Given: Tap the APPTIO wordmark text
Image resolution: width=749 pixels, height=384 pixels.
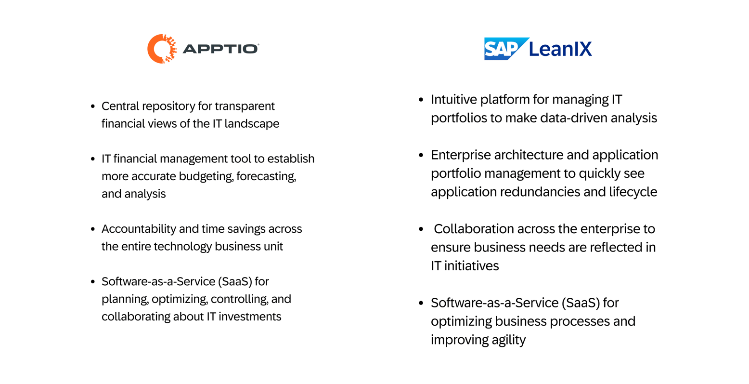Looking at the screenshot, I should click(x=220, y=49).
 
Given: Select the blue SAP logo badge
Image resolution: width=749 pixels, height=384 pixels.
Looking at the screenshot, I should click(x=503, y=49).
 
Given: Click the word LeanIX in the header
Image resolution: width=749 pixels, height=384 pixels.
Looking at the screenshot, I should click(x=560, y=49).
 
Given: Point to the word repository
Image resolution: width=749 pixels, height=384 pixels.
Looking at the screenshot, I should click(x=168, y=106).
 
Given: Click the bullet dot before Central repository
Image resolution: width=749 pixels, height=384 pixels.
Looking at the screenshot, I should click(x=93, y=106).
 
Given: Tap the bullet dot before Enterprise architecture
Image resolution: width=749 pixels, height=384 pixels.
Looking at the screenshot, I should click(x=421, y=155).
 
